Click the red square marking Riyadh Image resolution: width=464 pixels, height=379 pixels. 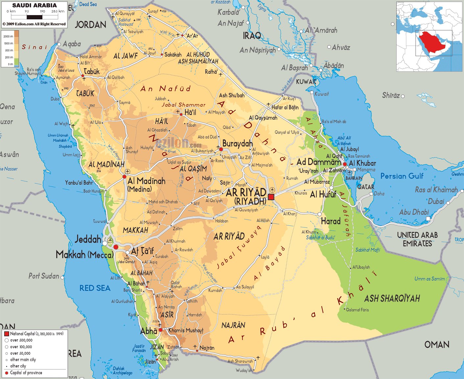[271, 197]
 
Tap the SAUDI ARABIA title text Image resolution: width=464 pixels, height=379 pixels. [34, 5]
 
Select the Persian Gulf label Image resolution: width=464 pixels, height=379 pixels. [402, 176]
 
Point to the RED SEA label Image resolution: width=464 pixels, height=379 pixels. [95, 288]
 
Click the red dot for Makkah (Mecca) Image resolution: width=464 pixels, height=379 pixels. [116, 247]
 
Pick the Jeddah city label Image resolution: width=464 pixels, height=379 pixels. [88, 239]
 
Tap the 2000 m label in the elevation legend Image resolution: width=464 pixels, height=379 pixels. [8, 36]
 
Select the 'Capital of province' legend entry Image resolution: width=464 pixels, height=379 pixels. [26, 373]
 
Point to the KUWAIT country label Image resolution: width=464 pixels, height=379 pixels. [306, 82]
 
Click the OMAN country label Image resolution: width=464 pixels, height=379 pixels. [437, 345]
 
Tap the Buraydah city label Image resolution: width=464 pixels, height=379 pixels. [238, 143]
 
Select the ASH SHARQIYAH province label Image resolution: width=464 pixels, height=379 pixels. [392, 298]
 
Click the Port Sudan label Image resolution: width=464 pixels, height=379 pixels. [44, 276]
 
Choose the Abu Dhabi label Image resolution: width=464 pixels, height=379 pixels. [414, 212]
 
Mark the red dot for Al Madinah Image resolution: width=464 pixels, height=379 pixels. [124, 177]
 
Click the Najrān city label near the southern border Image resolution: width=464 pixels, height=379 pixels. [207, 348]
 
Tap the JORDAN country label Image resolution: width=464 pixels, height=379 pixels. [90, 25]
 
